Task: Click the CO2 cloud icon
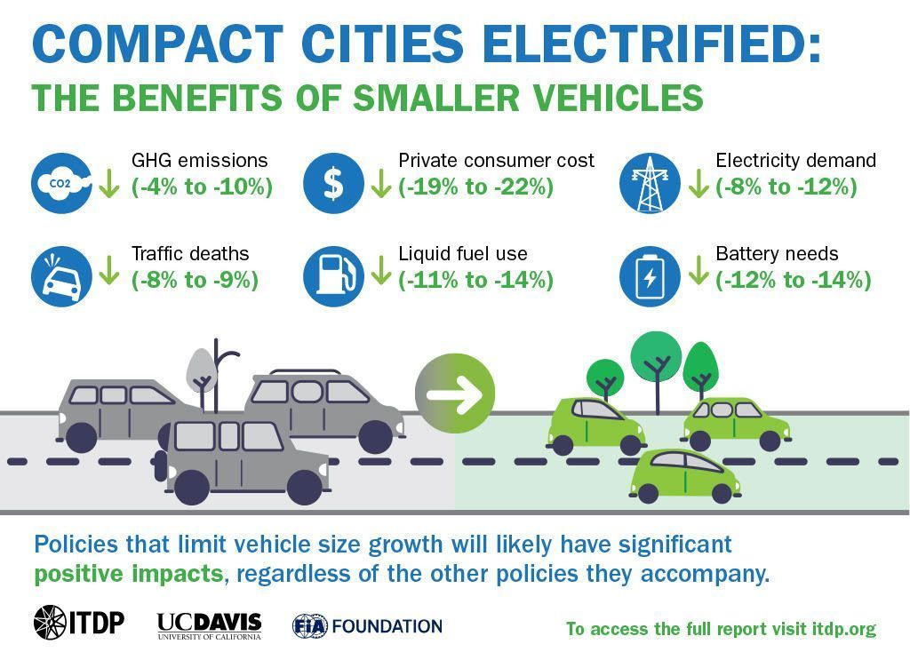(61, 184)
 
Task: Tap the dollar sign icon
(333, 184)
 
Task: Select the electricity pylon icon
(650, 184)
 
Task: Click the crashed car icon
(61, 276)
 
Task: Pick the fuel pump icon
(333, 276)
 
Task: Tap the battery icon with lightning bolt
(650, 276)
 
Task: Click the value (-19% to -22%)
(475, 187)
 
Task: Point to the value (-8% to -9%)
(195, 281)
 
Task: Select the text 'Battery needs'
(777, 254)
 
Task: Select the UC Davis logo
(209, 625)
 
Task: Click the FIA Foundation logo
(367, 626)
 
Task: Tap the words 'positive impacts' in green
(128, 574)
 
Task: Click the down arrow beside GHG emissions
(109, 184)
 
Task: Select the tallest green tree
(656, 355)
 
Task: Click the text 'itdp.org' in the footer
(843, 629)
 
